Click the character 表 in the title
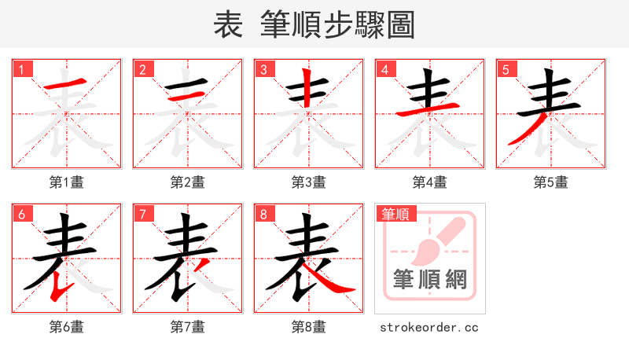tap(228, 25)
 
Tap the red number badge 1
tap(21, 70)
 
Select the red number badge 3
tap(263, 70)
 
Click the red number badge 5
tap(506, 70)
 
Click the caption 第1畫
tap(67, 182)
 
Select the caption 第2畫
tap(188, 182)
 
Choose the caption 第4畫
tap(430, 182)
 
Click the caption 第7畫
tap(188, 327)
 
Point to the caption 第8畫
tap(309, 327)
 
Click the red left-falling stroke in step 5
tap(520, 130)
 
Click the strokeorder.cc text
tap(429, 327)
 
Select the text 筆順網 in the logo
tap(430, 280)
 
